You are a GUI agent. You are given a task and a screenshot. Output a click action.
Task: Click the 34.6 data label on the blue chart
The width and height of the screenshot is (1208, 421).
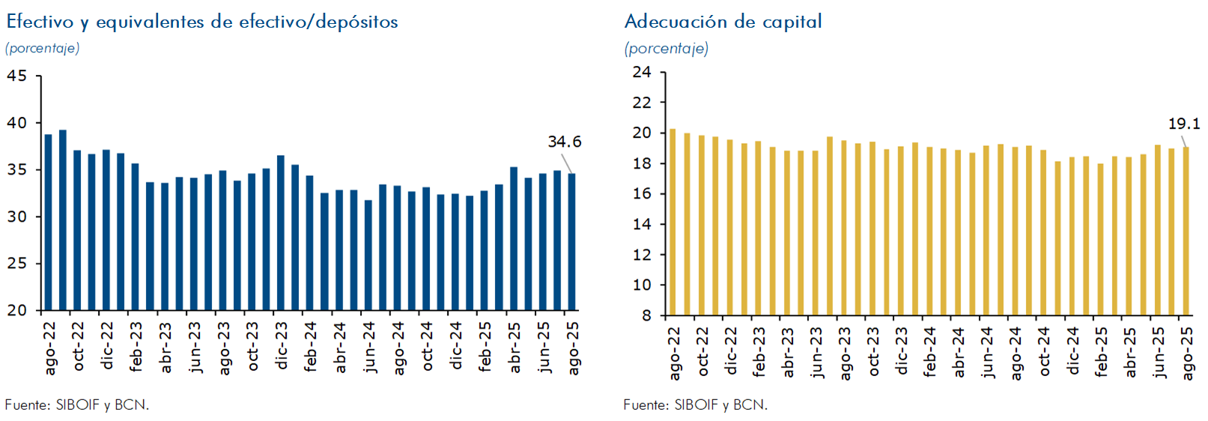(564, 142)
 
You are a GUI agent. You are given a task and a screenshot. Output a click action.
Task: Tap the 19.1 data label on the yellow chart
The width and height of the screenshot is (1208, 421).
(1183, 124)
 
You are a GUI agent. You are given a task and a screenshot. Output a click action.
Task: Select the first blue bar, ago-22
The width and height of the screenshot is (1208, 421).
(49, 222)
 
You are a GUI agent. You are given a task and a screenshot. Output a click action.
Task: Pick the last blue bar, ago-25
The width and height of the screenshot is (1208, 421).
(572, 242)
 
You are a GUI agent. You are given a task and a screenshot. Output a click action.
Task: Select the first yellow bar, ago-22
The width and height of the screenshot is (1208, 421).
(673, 222)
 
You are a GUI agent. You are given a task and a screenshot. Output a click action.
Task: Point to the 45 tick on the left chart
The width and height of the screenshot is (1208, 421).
(16, 76)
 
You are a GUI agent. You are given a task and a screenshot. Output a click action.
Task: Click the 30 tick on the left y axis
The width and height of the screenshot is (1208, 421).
(16, 216)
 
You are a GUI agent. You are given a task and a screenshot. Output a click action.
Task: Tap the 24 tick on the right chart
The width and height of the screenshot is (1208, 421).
(642, 72)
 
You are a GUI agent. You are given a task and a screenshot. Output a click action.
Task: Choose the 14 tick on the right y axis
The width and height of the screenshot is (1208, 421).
(642, 224)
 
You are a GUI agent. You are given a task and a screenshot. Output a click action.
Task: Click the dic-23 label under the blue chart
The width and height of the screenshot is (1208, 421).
(282, 346)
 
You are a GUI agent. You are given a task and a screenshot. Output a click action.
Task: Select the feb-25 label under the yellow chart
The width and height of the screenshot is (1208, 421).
(1101, 351)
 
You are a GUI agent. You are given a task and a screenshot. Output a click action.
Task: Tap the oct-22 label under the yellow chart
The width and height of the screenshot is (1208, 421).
(702, 351)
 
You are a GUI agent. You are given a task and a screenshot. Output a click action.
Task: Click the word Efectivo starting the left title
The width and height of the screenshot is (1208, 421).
(40, 22)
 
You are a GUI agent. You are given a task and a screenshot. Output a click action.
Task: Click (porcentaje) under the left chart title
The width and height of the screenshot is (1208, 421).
(43, 48)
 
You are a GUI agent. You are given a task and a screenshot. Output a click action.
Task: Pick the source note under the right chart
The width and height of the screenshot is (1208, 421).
(695, 405)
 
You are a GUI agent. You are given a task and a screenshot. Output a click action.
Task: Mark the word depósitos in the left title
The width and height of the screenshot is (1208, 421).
(356, 22)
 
